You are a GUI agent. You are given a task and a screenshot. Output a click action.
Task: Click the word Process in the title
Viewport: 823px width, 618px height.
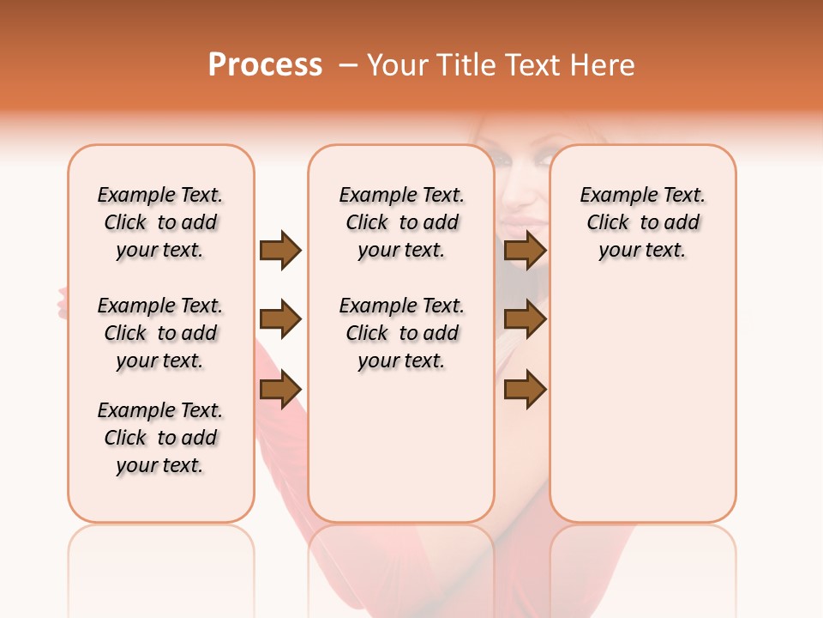click(265, 65)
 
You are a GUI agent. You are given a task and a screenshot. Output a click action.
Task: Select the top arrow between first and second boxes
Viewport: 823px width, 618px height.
click(280, 250)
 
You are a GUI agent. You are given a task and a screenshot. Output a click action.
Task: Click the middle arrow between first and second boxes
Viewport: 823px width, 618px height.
click(280, 320)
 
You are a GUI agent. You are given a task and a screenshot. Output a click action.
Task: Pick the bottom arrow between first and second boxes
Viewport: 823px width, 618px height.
click(280, 389)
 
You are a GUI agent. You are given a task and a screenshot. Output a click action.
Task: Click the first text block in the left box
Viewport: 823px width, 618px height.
click(160, 222)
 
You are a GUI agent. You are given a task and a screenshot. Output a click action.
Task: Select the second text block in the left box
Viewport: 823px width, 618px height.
click(160, 333)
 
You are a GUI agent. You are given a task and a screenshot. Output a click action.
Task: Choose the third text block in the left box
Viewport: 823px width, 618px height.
click(160, 438)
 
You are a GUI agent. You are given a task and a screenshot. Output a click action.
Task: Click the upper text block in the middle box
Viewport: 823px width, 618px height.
click(402, 222)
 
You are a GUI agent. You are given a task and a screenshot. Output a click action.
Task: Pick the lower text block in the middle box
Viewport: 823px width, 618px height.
click(402, 333)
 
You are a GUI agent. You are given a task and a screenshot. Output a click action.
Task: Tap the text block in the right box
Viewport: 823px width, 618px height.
click(643, 222)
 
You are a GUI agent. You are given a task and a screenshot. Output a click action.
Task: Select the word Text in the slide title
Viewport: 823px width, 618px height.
click(535, 65)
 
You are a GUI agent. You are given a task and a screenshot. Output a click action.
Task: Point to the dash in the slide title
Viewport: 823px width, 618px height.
click(348, 65)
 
